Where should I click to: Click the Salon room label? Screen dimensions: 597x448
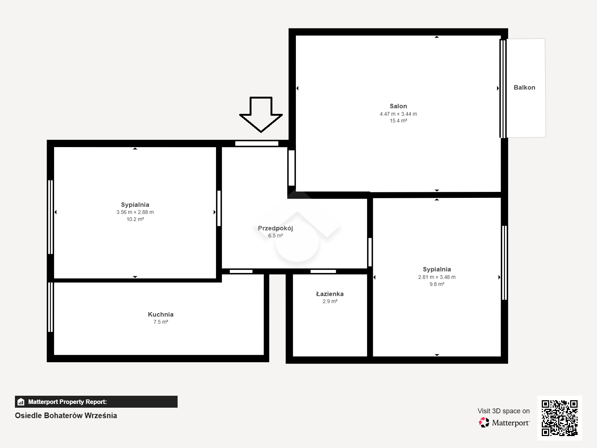398,106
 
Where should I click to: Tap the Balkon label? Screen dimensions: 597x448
524,88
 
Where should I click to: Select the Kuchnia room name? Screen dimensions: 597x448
160,314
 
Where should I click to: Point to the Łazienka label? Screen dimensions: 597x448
329,294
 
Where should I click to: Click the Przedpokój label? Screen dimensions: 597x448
275,228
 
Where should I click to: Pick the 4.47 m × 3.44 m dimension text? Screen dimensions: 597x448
398,114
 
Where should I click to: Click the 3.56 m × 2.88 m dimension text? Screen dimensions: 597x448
135,212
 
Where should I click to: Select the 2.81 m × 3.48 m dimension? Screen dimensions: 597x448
437,277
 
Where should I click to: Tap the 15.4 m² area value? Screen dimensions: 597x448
398,121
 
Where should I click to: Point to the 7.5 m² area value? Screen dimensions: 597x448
160,322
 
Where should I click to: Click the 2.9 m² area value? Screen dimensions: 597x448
330,301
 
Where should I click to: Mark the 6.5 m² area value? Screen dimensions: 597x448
275,236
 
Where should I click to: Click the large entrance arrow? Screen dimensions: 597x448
261,114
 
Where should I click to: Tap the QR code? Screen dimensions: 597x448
559,418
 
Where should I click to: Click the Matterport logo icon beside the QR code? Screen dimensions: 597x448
484,423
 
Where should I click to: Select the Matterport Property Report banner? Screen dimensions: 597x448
96,402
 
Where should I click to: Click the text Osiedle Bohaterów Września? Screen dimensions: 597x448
66,416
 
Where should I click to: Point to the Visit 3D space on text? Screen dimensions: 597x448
503,411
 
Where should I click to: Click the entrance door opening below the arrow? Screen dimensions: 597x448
257,144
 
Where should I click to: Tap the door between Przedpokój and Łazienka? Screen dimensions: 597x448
323,271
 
